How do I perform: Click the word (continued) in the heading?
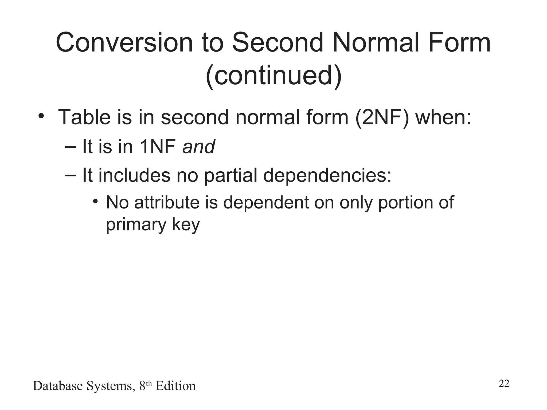273,76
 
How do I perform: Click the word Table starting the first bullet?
84,117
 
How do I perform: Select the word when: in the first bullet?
443,117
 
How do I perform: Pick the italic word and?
198,147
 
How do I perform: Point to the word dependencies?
327,176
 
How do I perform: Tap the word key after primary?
186,224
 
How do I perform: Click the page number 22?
504,384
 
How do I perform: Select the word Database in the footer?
58,386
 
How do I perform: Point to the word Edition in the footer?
175,386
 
